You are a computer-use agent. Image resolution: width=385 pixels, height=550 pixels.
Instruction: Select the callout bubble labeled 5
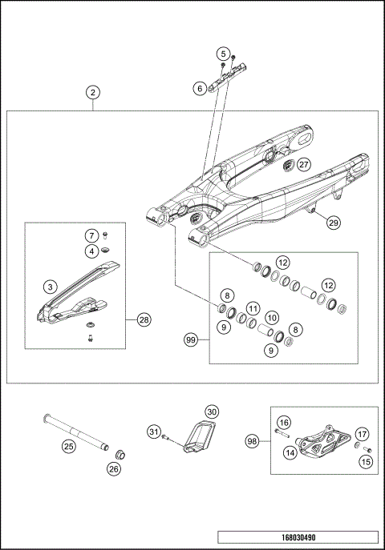click(222, 54)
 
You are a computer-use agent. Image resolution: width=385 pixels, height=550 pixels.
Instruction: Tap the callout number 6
click(200, 89)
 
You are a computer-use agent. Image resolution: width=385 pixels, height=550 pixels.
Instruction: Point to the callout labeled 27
click(302, 164)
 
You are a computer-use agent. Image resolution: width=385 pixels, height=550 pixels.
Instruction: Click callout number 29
click(333, 223)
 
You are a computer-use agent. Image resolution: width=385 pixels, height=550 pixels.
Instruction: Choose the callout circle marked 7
click(93, 235)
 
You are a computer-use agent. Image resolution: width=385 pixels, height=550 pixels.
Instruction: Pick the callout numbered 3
click(50, 286)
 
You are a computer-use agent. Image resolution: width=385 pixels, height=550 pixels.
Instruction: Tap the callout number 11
click(252, 308)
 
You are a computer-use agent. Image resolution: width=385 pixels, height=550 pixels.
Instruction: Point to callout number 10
click(272, 318)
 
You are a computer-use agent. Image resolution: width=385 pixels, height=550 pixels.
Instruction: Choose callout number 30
click(211, 411)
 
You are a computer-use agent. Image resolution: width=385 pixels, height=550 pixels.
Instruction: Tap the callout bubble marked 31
click(154, 432)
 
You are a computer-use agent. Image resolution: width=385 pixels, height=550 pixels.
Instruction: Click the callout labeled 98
click(253, 440)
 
